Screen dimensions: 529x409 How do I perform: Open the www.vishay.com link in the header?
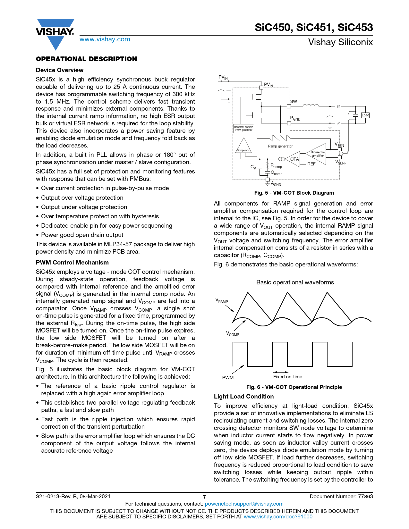point(105,39)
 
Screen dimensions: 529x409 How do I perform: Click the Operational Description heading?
point(86,59)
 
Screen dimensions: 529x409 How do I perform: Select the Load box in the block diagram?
point(365,115)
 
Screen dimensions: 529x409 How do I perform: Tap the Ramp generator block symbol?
point(280,138)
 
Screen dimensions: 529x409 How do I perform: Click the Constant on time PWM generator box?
point(243,129)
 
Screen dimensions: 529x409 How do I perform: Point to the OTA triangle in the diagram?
point(293,159)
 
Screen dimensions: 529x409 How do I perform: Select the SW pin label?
point(294,101)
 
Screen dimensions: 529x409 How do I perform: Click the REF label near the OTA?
point(311,164)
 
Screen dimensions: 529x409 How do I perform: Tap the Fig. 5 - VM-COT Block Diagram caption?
point(294,193)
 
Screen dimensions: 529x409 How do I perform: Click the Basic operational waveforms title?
point(295,282)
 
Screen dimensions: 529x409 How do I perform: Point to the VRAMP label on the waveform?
point(221,301)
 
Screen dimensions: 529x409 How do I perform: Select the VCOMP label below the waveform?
point(233,334)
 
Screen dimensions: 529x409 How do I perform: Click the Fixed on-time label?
point(287,377)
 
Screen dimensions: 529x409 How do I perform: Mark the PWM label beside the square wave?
point(228,378)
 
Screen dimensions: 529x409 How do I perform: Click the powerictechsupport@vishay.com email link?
point(244,504)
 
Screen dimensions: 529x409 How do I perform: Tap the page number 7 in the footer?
point(204,497)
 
